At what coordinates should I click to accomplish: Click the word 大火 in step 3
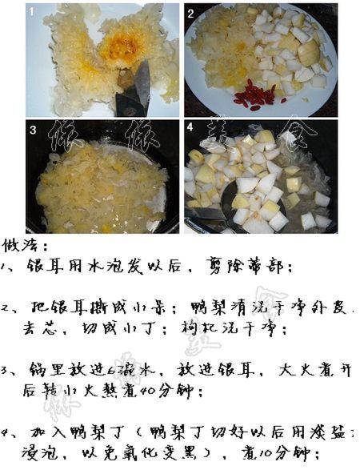coord(293,371)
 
